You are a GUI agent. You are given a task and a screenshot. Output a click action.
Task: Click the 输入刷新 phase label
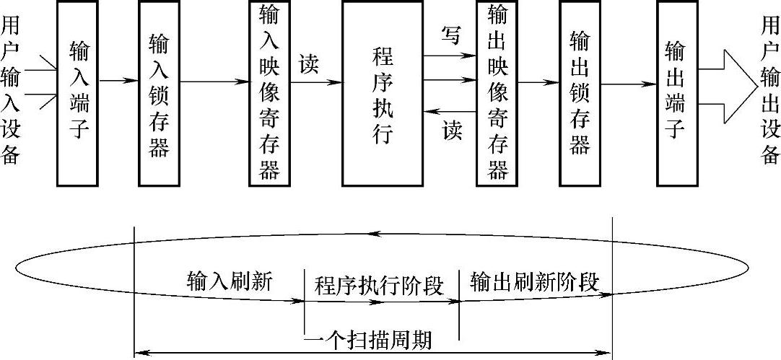tap(230, 281)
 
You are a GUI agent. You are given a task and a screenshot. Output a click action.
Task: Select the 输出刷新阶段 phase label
tap(534, 281)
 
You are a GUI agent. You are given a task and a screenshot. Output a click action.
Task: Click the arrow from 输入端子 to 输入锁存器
tap(118, 82)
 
